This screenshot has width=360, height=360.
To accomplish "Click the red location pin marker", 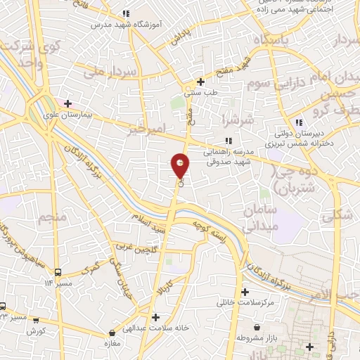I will (181, 166).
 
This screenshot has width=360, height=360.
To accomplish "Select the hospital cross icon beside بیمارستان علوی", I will (67, 104).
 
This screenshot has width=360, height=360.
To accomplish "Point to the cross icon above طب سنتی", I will (201, 82).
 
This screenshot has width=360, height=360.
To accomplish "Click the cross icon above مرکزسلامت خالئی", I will (245, 292).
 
